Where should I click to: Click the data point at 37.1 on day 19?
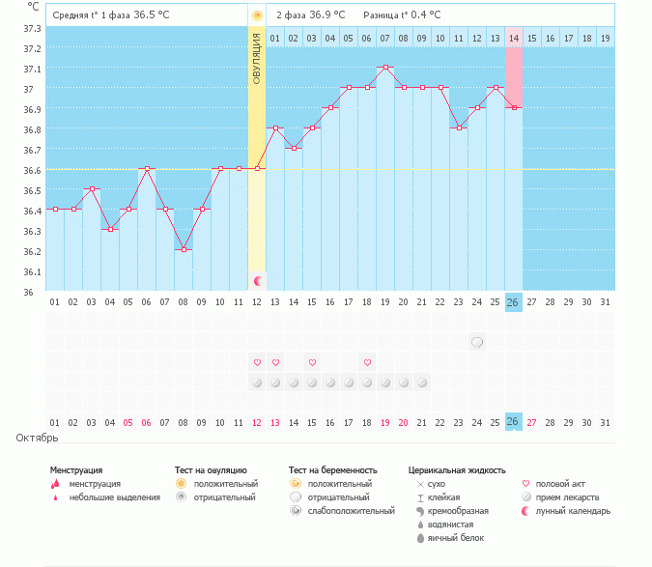[385, 67]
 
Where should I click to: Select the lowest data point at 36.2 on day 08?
[184, 249]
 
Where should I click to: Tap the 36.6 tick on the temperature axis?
[32, 170]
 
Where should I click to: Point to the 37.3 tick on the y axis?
[32, 29]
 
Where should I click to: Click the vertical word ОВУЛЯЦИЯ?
[257, 59]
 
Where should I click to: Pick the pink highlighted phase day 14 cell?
[514, 39]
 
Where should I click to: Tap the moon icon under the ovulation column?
[257, 281]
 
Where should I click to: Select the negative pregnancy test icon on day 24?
[477, 343]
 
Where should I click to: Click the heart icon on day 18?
[367, 362]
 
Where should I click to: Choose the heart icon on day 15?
[312, 362]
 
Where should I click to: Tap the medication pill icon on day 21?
[422, 383]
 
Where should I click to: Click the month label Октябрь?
[37, 438]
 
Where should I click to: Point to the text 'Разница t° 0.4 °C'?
[402, 15]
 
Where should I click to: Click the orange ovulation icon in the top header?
[257, 15]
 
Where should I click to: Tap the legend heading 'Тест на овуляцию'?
[211, 470]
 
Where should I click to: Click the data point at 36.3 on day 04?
[110, 229]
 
